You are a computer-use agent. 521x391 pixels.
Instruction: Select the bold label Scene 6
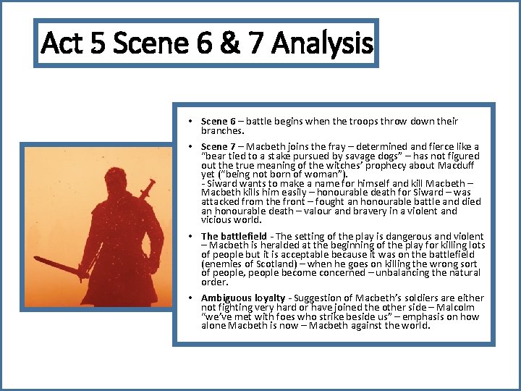pos(218,122)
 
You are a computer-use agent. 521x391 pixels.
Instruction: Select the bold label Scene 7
pos(218,147)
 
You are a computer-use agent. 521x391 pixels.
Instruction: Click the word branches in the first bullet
pos(221,132)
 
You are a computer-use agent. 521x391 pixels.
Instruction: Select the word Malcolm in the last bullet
pos(462,308)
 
